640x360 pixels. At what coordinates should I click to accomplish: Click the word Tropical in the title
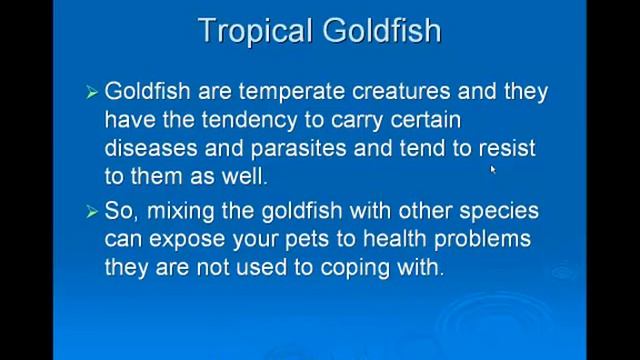[256, 30]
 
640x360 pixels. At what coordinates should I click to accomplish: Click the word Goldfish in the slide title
[381, 30]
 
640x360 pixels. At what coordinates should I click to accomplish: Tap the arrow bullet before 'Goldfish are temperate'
[92, 92]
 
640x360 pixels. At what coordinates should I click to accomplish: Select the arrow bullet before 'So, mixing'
[92, 212]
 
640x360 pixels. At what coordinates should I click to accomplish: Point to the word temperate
[290, 92]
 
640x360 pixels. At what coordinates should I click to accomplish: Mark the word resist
[507, 148]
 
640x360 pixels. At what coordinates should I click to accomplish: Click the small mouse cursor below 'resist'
[493, 170]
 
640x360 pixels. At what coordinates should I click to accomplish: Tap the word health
[401, 240]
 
